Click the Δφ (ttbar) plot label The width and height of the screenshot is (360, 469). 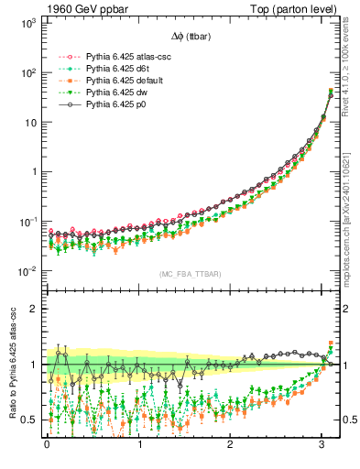[191, 37]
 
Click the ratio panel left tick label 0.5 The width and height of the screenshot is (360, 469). [27, 420]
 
